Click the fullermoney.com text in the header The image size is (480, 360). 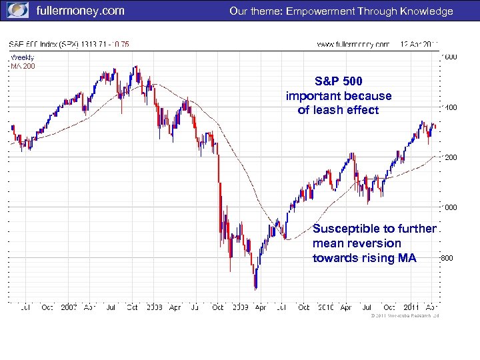pyautogui.click(x=79, y=11)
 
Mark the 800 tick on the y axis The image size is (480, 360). pyautogui.click(x=448, y=257)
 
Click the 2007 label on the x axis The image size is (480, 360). pyautogui.click(x=69, y=308)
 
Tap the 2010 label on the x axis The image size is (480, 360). pyautogui.click(x=325, y=308)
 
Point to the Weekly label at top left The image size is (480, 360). pyautogui.click(x=22, y=57)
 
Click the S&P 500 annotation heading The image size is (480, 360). pyautogui.click(x=339, y=81)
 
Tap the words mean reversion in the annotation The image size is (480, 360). pyautogui.click(x=357, y=243)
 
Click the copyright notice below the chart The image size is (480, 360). pyautogui.click(x=404, y=315)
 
